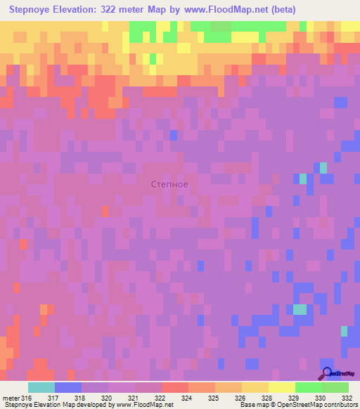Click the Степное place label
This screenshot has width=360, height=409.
point(169,184)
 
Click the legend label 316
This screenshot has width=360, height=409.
point(27,397)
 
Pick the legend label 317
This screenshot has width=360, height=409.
point(55,397)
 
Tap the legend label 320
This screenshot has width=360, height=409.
point(109,397)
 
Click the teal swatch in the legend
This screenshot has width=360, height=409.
point(41,387)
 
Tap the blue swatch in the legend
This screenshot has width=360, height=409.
point(67,387)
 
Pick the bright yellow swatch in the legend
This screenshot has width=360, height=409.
point(281,387)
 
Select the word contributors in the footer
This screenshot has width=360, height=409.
point(339,405)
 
